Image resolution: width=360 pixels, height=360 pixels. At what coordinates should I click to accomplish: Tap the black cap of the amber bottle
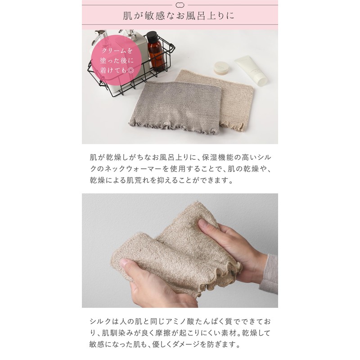pyautogui.click(x=153, y=36)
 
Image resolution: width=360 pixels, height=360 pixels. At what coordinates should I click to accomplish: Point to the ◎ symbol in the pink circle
pyautogui.click(x=130, y=70)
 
